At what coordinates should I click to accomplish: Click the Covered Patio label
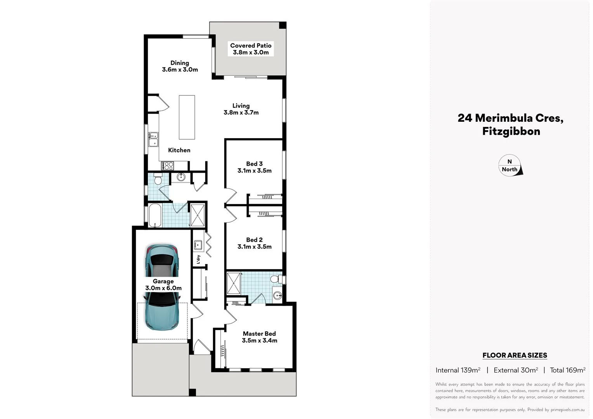[251, 46]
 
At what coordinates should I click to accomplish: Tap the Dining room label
[180, 63]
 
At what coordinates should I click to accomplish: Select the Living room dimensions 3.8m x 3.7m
[241, 113]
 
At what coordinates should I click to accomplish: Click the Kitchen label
[179, 150]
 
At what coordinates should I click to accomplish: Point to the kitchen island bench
[187, 117]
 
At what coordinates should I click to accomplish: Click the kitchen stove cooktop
[168, 166]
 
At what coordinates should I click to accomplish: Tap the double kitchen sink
[154, 139]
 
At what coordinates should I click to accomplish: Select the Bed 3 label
[254, 164]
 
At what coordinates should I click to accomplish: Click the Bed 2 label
[254, 240]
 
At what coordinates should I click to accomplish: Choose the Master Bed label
[259, 334]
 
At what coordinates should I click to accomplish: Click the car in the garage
[163, 287]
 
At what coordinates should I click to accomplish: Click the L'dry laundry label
[198, 260]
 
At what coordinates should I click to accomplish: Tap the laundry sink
[198, 245]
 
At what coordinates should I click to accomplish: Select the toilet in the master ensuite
[276, 279]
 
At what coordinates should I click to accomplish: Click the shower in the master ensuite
[234, 284]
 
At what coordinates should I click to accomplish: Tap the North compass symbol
[510, 166]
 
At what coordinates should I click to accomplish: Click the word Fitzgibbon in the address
[511, 131]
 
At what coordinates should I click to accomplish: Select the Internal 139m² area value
[458, 370]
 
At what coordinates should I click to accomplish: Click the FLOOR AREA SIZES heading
[514, 355]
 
